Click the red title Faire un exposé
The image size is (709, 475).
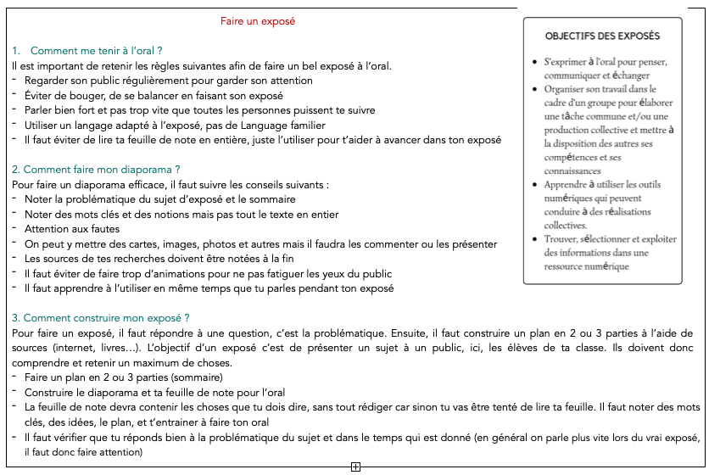[258, 20]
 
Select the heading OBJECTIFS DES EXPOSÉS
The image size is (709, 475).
[602, 36]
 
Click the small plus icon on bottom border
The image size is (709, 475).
[355, 467]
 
